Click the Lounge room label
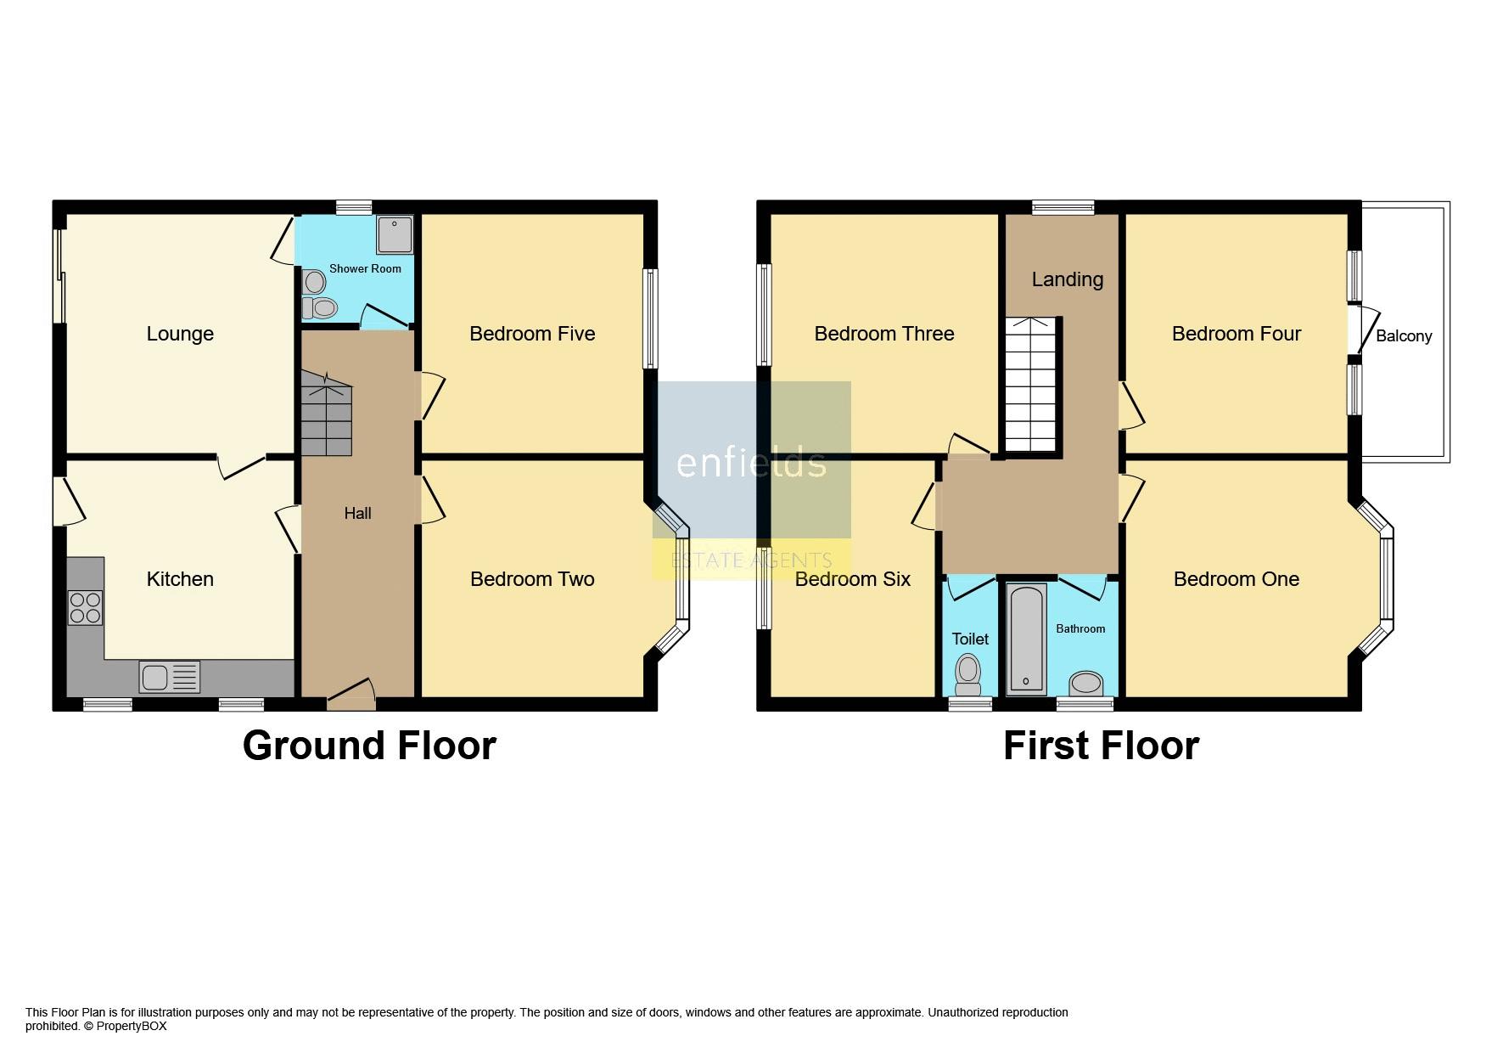pos(180,334)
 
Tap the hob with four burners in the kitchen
pos(86,607)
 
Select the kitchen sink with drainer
pos(170,677)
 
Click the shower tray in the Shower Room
pos(395,234)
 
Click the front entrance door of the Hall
pos(351,695)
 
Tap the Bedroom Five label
pos(532,334)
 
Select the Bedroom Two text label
pos(532,579)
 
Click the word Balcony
pos(1404,336)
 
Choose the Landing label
pos(1067,279)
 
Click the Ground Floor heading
pos(369,746)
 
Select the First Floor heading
pos(1101,746)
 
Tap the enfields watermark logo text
pos(751,464)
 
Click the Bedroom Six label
pos(852,579)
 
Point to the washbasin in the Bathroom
pos(1086,683)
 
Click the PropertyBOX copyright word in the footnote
pos(132,1026)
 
